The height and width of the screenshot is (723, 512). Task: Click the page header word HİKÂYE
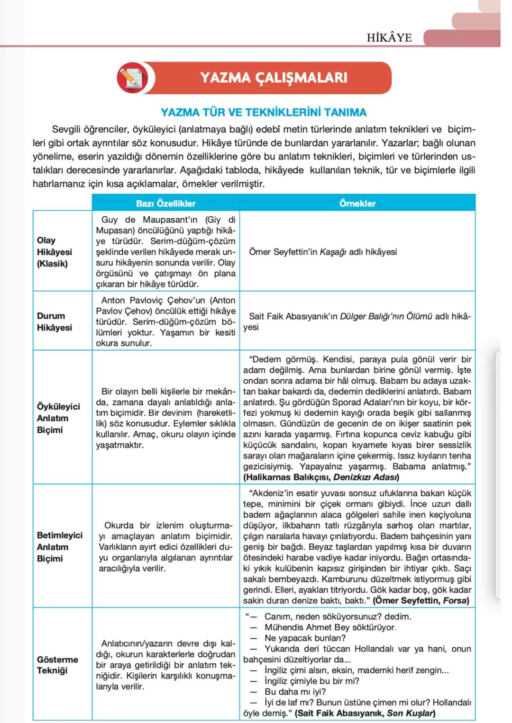[x=389, y=38]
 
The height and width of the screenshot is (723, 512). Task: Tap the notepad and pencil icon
[x=132, y=78]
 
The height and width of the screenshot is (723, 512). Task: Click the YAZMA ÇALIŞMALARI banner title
[x=274, y=78]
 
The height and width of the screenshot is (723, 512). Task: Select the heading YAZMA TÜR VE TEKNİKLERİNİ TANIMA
[x=263, y=112]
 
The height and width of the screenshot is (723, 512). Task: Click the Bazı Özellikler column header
[x=165, y=204]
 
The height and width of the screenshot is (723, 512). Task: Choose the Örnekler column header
[x=357, y=204]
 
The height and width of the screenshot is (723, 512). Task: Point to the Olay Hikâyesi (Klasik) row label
[x=54, y=252]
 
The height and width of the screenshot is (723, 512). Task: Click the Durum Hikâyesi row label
[x=54, y=321]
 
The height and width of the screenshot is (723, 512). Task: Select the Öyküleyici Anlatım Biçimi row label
[x=58, y=418]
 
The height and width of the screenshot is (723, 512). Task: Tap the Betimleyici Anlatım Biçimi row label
[x=59, y=547]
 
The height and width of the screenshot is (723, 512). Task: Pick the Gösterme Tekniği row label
[x=57, y=665]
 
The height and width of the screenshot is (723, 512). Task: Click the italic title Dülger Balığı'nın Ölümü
[x=386, y=316]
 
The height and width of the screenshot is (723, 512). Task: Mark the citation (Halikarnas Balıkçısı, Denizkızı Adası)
[x=321, y=477]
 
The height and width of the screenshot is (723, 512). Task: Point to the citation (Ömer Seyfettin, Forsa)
[x=421, y=600]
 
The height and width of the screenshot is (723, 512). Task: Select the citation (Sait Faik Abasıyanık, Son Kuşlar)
[x=365, y=713]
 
